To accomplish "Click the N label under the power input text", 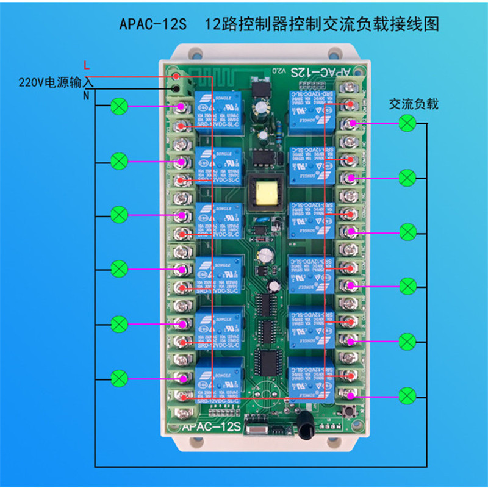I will (85, 96).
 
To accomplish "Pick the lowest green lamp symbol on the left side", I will (120, 378).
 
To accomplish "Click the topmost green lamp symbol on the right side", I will (407, 124).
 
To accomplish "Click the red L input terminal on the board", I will (176, 76).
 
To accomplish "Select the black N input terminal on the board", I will (176, 89).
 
